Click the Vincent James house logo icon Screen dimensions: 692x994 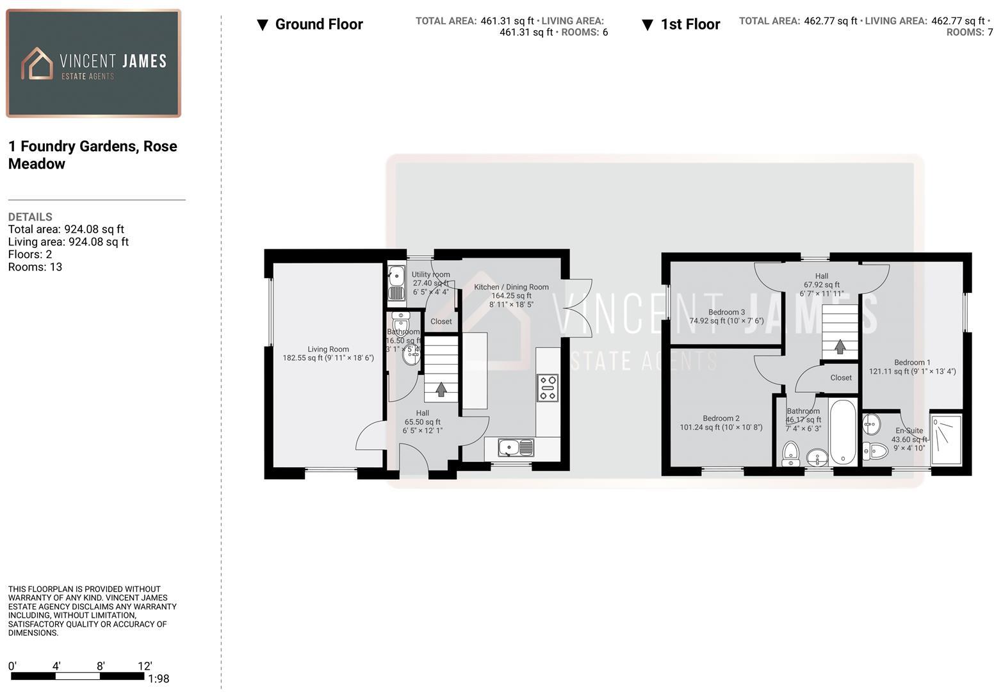point(37,63)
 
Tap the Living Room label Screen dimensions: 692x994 point(328,349)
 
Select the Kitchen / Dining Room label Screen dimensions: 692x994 point(511,287)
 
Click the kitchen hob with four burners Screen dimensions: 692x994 point(548,388)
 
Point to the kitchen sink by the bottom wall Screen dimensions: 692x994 point(516,447)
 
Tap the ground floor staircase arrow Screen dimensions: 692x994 point(441,389)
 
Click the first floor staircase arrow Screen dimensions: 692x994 point(839,347)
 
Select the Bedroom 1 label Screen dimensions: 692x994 point(912,362)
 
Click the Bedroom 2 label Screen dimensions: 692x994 point(721,418)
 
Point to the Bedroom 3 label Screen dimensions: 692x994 point(726,312)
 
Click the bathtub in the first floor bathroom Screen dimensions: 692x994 point(842,432)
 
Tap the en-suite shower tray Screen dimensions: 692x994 point(946,440)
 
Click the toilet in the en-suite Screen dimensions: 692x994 point(875,451)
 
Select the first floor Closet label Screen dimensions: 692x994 point(841,377)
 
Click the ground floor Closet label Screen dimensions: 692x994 point(441,321)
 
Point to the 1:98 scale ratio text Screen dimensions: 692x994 point(158,679)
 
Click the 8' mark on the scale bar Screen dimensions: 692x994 point(101,666)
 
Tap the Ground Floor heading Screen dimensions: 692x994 point(318,24)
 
